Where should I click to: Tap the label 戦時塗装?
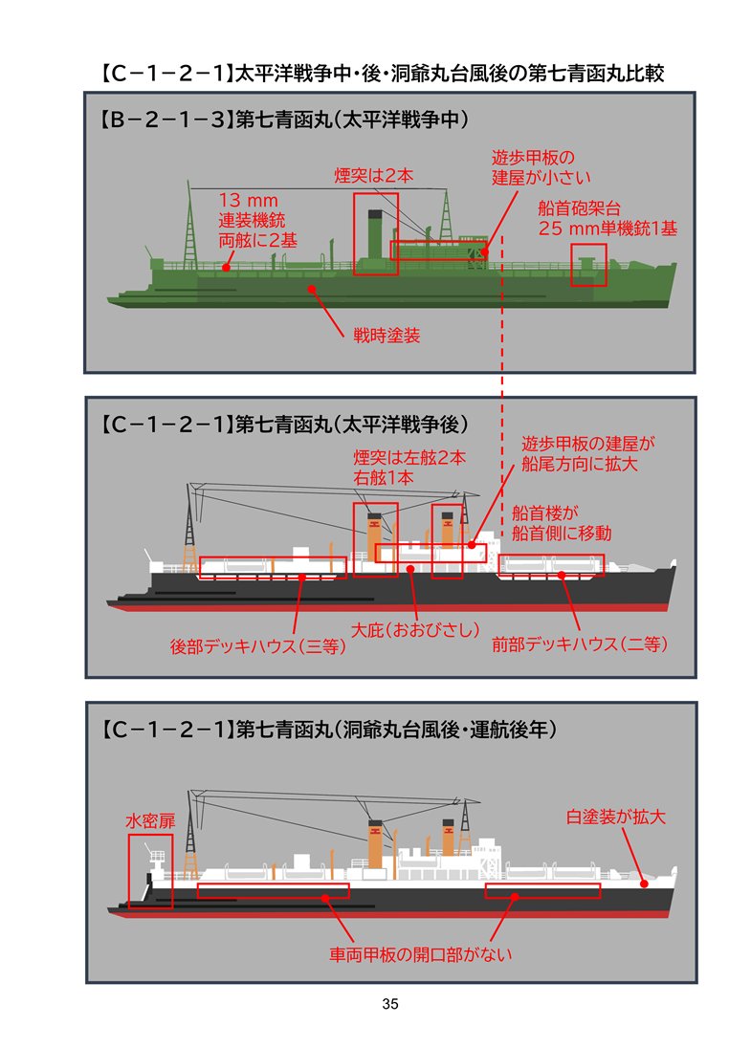click(387, 336)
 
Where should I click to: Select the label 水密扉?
click(151, 820)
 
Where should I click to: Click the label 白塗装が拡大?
click(614, 818)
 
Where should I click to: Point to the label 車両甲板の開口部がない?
click(422, 953)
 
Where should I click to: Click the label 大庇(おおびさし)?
click(414, 630)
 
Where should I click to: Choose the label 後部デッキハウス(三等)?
click(257, 646)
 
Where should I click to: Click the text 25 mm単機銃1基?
click(608, 229)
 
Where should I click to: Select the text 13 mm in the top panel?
click(248, 201)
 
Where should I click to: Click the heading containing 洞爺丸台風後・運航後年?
click(328, 729)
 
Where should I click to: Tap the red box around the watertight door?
click(151, 870)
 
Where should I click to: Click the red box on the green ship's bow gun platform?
click(588, 265)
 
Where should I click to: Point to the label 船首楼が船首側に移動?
click(561, 522)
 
